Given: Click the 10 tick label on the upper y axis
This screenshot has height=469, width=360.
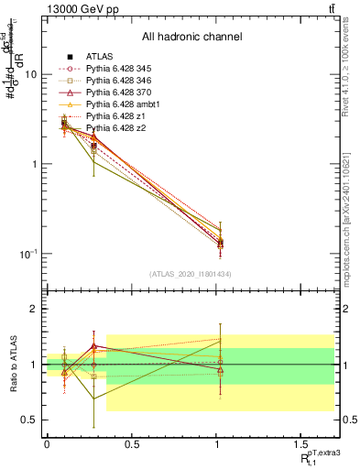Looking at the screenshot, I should pyautogui.click(x=30, y=75).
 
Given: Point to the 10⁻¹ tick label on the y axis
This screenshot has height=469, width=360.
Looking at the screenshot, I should pyautogui.click(x=27, y=253).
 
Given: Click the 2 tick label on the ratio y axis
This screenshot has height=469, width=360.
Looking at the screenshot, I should pyautogui.click(x=33, y=310).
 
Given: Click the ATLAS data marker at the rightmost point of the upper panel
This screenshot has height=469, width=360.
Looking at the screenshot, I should pyautogui.click(x=220, y=243).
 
